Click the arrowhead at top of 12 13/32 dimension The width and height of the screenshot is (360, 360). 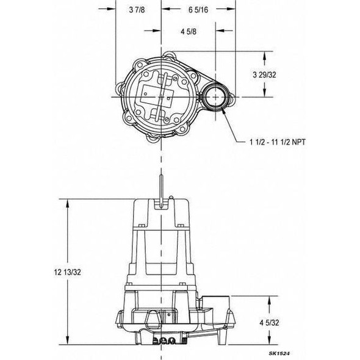click(65, 203)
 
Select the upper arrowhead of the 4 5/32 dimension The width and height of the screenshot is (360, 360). click(264, 298)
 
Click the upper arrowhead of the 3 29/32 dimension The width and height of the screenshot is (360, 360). click(264, 56)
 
